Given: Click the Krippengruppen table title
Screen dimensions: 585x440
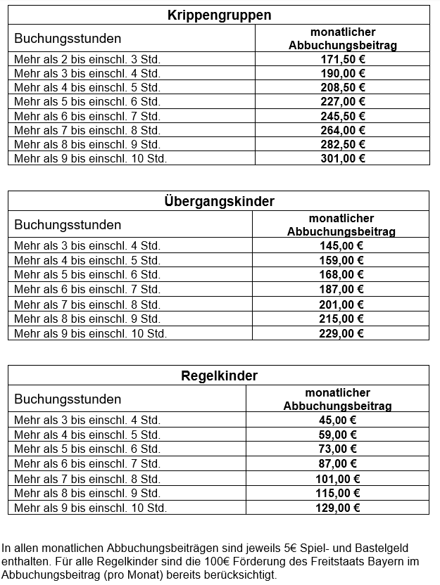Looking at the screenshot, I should coord(219,15).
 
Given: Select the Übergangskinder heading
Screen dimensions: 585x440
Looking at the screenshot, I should coord(219,201).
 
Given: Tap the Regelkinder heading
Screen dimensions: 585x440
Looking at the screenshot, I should coord(219,375).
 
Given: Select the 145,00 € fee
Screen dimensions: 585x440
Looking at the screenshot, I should coord(341,245).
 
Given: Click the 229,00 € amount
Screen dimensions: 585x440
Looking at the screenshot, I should coord(341,333).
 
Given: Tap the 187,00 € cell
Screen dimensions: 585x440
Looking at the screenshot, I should coord(341,289).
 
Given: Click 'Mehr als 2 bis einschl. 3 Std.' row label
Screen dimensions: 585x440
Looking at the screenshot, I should coord(87,59).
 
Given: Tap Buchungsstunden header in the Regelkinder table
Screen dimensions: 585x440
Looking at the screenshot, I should coord(68,399).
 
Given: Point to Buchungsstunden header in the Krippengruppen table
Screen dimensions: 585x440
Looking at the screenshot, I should coord(68,39).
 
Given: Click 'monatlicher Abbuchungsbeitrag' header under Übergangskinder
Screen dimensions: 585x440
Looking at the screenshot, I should coord(341,225).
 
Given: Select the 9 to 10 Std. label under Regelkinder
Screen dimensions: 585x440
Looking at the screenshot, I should coord(90,507).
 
